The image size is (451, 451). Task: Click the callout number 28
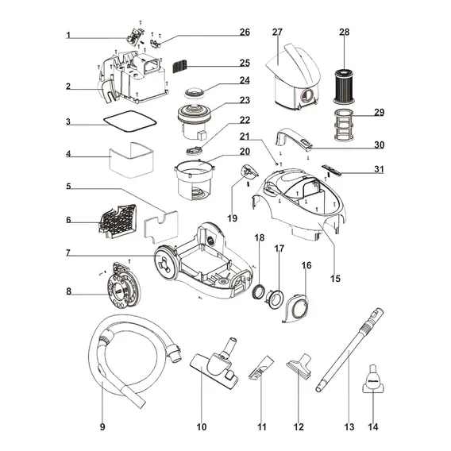pyautogui.click(x=345, y=32)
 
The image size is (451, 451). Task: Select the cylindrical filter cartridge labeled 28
pyautogui.click(x=344, y=87)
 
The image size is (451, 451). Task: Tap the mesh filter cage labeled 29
pyautogui.click(x=344, y=125)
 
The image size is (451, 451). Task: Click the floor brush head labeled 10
pyautogui.click(x=214, y=363)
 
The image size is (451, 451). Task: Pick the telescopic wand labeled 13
pyautogui.click(x=349, y=350)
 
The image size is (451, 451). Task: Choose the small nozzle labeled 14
pyautogui.click(x=372, y=379)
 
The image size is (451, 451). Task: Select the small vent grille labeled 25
pyautogui.click(x=179, y=67)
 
